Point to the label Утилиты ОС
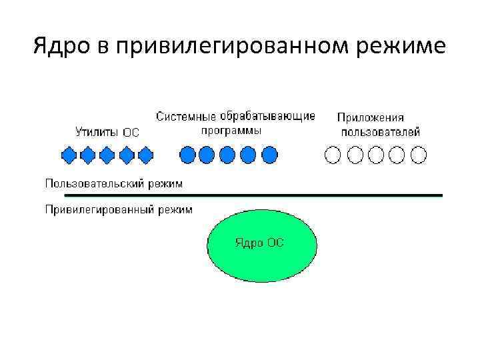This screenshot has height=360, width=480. (107, 132)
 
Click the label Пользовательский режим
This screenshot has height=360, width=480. (114, 182)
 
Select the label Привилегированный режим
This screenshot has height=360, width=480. (119, 210)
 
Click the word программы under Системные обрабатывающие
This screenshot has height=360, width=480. (231, 130)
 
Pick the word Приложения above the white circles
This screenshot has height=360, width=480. (371, 118)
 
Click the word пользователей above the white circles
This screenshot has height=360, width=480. (381, 131)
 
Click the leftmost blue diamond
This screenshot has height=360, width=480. (69, 155)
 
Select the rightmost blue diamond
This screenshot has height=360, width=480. (145, 155)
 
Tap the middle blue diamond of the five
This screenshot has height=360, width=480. (107, 155)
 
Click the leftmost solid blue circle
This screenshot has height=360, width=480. (188, 155)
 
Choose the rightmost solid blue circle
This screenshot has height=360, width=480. (269, 155)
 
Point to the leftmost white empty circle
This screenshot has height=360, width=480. (332, 155)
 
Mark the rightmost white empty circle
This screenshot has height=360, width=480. (419, 155)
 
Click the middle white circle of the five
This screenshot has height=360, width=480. (376, 155)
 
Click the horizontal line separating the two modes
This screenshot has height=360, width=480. (253, 195)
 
